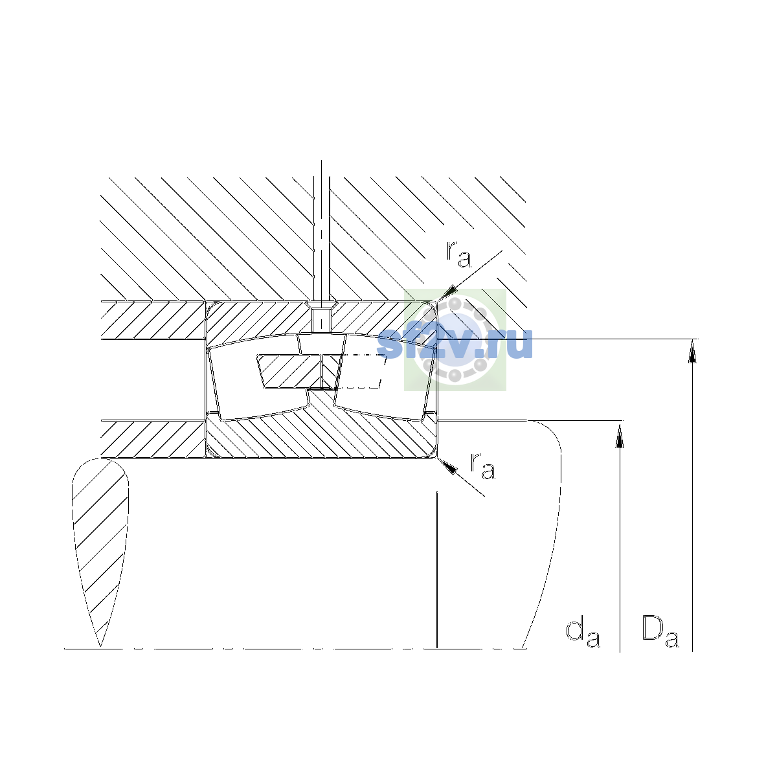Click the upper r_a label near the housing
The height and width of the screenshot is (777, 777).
point(458,254)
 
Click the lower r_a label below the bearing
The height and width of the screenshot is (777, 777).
point(482,466)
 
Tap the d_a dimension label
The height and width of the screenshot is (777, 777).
point(583,633)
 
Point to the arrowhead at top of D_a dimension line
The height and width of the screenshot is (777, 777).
point(692,351)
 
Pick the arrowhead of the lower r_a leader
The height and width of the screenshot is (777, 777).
point(448,466)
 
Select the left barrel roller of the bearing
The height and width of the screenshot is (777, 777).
point(258,377)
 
